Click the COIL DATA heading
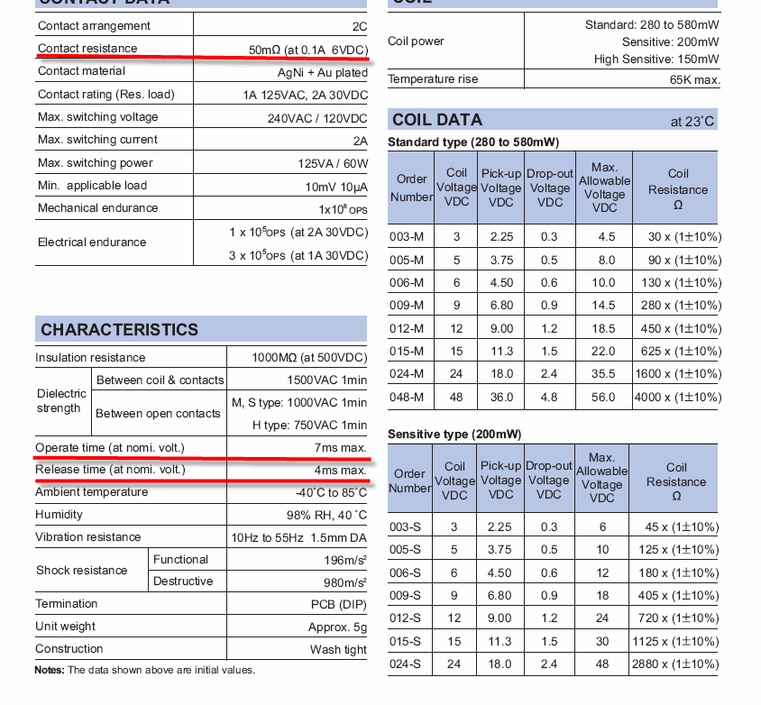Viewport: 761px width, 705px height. (437, 120)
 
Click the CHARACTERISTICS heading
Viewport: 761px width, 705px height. (119, 329)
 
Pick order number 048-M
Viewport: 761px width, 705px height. (406, 397)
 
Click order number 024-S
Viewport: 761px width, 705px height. (406, 664)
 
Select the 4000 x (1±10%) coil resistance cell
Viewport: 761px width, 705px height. (677, 397)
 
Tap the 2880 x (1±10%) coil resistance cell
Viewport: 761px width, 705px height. (677, 664)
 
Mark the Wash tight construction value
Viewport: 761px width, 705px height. (338, 649)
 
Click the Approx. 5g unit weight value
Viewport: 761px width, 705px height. (337, 627)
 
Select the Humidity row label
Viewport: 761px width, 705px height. (59, 515)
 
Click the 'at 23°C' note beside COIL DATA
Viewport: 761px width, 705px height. (692, 122)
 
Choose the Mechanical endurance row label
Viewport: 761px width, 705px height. (97, 208)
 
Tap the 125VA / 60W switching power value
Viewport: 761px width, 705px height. (332, 163)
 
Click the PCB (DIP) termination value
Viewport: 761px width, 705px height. (338, 604)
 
